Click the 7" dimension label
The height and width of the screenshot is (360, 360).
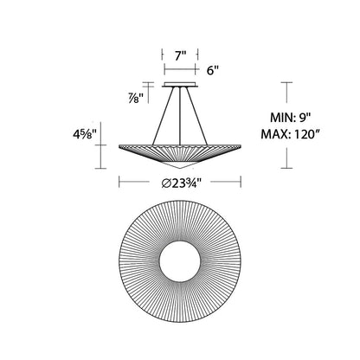[181, 56]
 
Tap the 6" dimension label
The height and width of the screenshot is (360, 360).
[213, 71]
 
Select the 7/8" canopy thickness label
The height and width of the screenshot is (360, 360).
[136, 99]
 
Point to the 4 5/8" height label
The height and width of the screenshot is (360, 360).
[84, 134]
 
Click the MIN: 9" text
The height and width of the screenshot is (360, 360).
[291, 118]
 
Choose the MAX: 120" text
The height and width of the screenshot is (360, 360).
[291, 134]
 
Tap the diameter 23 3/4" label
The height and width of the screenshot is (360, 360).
[181, 183]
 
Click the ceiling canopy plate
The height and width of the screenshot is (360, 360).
[180, 85]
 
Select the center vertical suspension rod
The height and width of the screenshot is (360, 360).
[180, 115]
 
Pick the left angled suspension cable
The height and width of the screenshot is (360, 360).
[164, 115]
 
